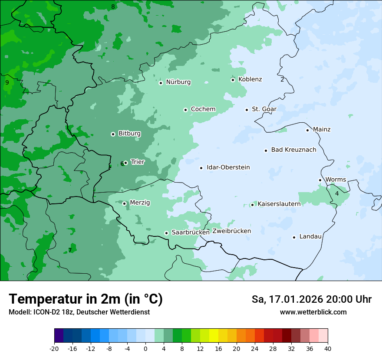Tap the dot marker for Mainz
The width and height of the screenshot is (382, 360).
(x=307, y=130)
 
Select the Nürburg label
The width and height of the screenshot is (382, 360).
(x=178, y=82)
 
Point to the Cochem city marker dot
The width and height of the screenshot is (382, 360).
(x=185, y=110)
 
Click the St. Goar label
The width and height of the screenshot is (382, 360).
(x=264, y=109)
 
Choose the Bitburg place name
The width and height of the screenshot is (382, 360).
(x=129, y=134)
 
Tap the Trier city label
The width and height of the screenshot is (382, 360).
(x=138, y=162)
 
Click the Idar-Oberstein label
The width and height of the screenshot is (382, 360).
(x=228, y=167)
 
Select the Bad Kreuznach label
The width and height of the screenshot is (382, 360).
(x=293, y=150)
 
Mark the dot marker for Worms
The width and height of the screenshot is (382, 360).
(x=320, y=180)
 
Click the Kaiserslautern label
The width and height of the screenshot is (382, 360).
(x=279, y=204)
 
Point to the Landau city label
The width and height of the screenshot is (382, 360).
(x=310, y=236)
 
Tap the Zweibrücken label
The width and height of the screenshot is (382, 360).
(x=231, y=231)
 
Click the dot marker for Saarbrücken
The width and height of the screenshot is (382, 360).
(x=166, y=233)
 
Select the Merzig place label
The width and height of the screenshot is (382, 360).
(x=140, y=203)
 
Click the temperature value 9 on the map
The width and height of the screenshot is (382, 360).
(x=7, y=82)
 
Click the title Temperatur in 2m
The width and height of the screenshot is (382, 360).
(x=86, y=299)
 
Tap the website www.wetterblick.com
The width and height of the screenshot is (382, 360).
(x=313, y=312)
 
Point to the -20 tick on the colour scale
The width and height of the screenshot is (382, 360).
(x=54, y=349)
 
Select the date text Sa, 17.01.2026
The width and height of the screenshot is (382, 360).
(x=288, y=299)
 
